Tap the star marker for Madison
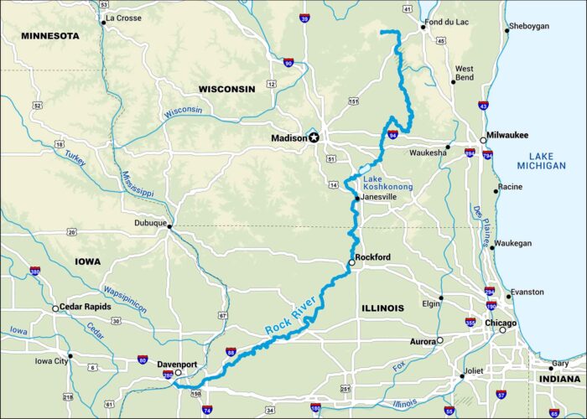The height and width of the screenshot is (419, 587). click(x=314, y=137)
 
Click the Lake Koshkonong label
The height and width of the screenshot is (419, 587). click(x=387, y=183)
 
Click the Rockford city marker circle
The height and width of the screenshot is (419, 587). click(x=352, y=263)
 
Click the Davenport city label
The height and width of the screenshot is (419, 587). click(x=152, y=365)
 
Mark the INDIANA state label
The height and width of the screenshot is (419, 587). click(x=558, y=379)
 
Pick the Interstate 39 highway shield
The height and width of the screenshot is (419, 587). click(x=304, y=18)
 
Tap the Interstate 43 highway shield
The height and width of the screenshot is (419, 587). click(x=483, y=106)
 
